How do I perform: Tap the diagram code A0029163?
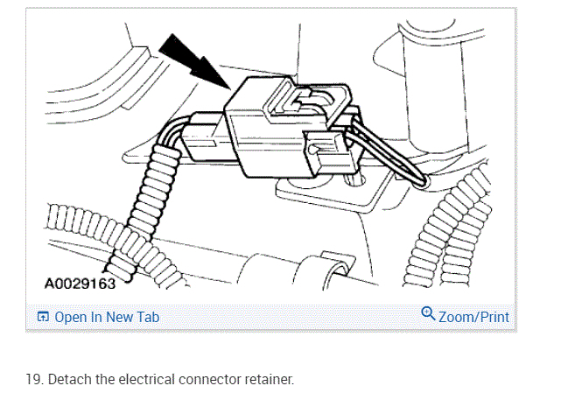[x=79, y=284]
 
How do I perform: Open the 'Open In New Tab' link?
[x=107, y=317]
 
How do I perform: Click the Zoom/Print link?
[x=473, y=317]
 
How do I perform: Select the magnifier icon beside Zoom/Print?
[x=428, y=314]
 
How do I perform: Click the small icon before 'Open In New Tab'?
[x=42, y=317]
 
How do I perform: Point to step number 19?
[x=32, y=381]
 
